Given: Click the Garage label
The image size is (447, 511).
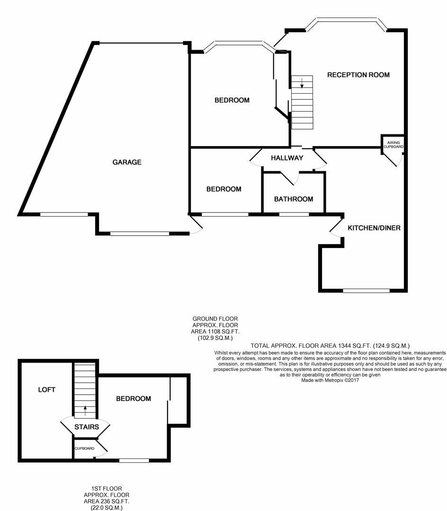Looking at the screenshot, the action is pyautogui.click(x=127, y=162).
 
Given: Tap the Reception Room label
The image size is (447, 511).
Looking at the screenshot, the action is pyautogui.click(x=358, y=75).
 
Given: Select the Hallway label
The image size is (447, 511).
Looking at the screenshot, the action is pyautogui.click(x=287, y=158).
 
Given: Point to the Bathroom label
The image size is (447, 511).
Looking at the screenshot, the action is pyautogui.click(x=294, y=199).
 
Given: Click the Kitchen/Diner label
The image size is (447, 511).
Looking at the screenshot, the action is pyautogui.click(x=374, y=228).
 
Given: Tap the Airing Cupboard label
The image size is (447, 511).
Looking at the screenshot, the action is pyautogui.click(x=393, y=145).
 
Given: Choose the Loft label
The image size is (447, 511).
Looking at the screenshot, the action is pyautogui.click(x=46, y=389).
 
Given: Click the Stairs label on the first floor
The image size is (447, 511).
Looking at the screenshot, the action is pyautogui.click(x=86, y=427).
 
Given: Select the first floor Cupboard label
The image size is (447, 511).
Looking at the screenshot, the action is pyautogui.click(x=84, y=449).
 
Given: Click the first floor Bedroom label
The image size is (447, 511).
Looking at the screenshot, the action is pyautogui.click(x=134, y=398).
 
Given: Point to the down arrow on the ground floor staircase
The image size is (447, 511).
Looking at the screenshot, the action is pyautogui.click(x=302, y=83).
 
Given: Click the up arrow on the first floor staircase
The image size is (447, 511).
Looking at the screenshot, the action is pyautogui.click(x=85, y=410).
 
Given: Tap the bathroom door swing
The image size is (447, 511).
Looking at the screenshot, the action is pyautogui.click(x=290, y=178).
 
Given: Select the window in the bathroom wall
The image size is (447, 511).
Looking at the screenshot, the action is pyautogui.click(x=294, y=214).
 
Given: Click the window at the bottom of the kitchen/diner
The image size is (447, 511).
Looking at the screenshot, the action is pyautogui.click(x=366, y=291).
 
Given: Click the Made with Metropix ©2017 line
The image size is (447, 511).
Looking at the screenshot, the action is pyautogui.click(x=330, y=380).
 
